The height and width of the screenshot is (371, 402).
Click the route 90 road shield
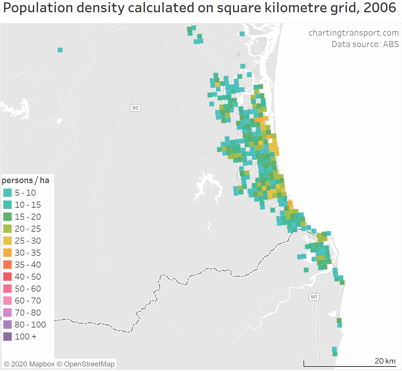tap(135, 108)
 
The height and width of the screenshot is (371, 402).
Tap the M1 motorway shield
tap(314, 297)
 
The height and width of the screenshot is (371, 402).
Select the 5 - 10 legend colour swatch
tap(7, 193)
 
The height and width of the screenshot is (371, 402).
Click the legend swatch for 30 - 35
tap(7, 253)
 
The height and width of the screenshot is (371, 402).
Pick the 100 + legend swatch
tap(7, 337)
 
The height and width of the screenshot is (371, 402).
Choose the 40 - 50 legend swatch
tap(7, 277)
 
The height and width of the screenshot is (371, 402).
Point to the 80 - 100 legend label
tap(30, 325)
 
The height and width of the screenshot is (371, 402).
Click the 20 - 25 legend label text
tap(28, 229)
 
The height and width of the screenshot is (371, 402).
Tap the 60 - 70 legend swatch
tap(7, 301)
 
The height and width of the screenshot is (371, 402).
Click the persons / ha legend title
tap(25, 180)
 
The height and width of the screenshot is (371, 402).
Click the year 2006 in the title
tap(380, 8)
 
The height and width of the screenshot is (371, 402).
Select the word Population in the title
tap(38, 8)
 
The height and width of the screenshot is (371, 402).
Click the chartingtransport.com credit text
tap(354, 33)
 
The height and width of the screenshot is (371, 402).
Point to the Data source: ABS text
tap(365, 44)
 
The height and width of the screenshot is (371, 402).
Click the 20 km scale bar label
tap(385, 361)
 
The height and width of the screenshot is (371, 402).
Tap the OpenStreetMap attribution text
tap(89, 364)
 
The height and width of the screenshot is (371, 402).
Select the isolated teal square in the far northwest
tap(60, 50)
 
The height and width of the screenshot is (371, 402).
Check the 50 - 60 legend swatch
tap(7, 289)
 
